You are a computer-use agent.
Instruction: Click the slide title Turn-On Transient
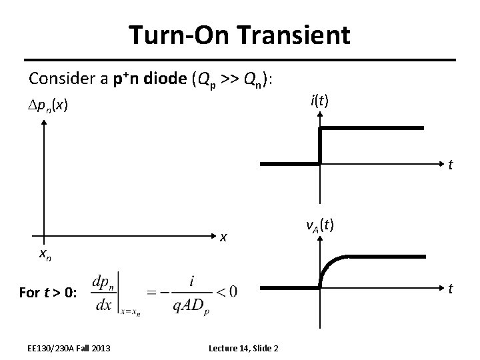pos(239,35)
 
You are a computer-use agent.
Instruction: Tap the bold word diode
pos(164,79)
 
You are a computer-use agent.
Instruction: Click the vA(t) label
pos(320,226)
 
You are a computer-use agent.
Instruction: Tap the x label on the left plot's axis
pos(225,236)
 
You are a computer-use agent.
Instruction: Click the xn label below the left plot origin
pos(45,253)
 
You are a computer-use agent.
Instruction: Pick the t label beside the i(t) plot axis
pos(451,165)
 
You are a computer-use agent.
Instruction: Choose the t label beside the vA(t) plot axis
pos(451,289)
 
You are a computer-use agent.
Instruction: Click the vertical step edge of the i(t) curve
pos(321,145)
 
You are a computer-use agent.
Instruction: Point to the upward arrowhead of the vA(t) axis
pos(321,241)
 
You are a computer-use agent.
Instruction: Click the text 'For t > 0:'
pos(48,291)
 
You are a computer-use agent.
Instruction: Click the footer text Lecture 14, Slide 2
pos(243,348)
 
